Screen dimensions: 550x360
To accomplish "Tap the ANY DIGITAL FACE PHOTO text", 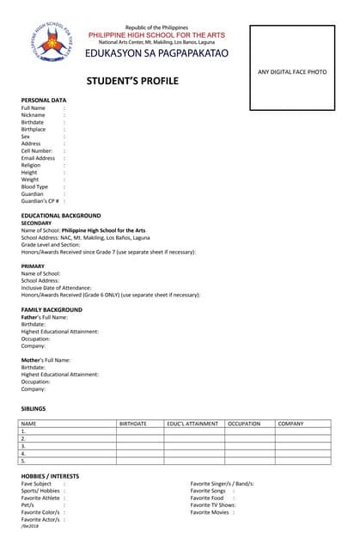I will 292,71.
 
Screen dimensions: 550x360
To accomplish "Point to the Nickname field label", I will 34,115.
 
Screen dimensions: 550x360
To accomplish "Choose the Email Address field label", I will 38,158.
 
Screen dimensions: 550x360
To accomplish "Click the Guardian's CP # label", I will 40,201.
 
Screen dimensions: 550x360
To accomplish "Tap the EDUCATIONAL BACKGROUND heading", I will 61,216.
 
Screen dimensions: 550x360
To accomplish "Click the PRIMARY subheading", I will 34,266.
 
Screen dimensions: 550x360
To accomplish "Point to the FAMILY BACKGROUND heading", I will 52,309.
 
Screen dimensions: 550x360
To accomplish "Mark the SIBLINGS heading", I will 34,408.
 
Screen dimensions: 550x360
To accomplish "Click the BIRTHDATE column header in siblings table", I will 133,424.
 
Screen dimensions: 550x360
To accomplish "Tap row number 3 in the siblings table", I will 23,446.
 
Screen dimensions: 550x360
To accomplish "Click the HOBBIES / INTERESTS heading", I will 50,476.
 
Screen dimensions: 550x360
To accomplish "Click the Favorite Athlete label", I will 40,498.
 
